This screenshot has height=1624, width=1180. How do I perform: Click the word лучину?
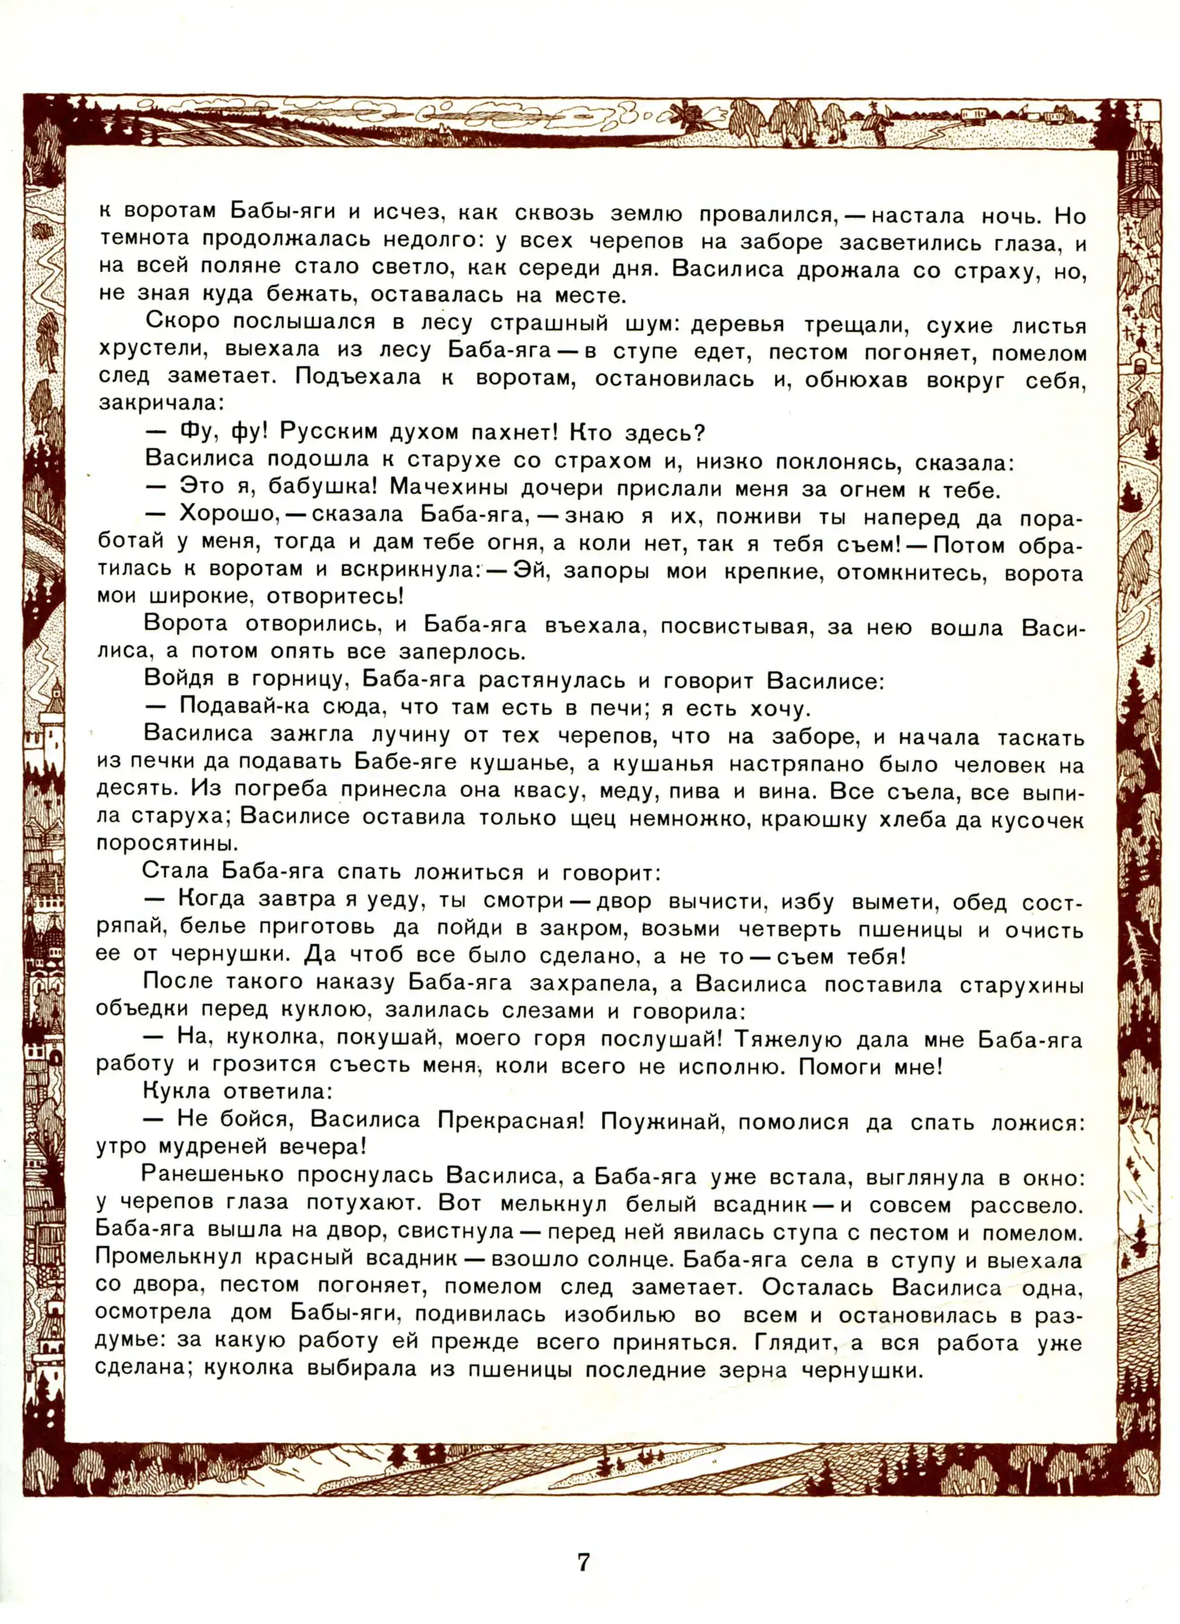(x=410, y=735)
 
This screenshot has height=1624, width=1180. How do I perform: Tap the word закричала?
(x=161, y=403)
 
